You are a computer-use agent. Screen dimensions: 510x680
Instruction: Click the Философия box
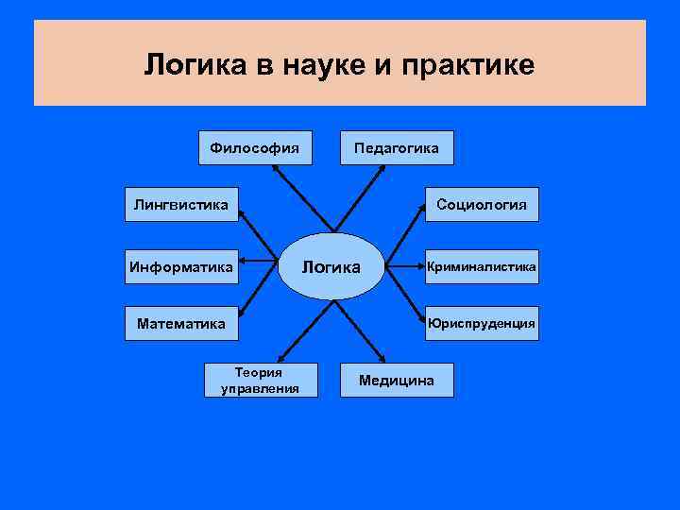[255, 147]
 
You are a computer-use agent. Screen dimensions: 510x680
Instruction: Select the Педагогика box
[397, 147]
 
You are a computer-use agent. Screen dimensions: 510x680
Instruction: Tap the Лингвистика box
[181, 204]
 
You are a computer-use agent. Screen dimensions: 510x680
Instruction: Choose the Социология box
[482, 204]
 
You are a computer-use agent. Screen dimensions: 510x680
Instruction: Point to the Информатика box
[181, 267]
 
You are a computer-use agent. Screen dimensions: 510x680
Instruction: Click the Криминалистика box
[482, 267]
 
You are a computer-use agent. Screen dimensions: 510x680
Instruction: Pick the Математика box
[181, 324]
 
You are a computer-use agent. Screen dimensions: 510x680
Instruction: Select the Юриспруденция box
[482, 324]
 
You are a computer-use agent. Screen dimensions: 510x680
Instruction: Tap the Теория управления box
[260, 380]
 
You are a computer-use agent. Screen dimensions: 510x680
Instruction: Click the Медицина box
[397, 380]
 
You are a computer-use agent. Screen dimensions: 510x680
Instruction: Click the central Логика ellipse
[331, 266]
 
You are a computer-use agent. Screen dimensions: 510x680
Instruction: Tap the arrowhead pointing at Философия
[275, 168]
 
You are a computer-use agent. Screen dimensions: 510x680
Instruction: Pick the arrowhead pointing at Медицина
[382, 359]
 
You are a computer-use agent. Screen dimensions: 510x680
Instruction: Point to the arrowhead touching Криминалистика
[421, 267]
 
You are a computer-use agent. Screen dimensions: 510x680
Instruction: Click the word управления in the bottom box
[260, 387]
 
